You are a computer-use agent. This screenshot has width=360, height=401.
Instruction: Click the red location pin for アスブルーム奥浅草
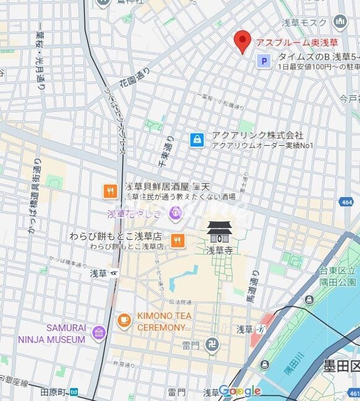(x=242, y=41)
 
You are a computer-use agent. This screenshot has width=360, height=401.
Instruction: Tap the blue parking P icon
(x=264, y=61)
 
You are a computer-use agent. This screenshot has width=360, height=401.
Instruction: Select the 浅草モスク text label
(x=305, y=23)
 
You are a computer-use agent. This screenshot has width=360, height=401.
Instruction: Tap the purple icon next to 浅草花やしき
(x=176, y=214)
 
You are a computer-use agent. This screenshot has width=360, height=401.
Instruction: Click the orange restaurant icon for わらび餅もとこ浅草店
(x=178, y=241)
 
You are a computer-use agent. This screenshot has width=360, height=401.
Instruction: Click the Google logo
(x=239, y=390)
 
